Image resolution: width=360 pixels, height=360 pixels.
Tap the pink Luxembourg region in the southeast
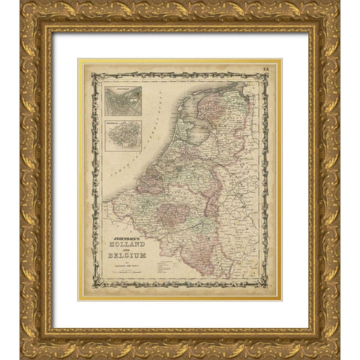point(212,251)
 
